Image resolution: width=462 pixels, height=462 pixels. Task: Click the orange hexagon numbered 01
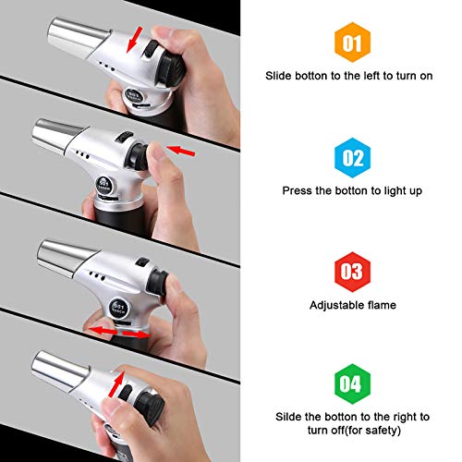coord(352,43)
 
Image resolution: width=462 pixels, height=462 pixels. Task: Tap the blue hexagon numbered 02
coord(352,158)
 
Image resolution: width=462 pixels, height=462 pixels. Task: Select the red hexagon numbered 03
coord(352,272)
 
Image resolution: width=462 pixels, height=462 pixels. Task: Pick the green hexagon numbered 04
coord(352,383)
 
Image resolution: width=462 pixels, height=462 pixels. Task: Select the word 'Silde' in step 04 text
coord(288,417)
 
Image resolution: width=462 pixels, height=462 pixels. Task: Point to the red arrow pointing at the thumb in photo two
coord(180,151)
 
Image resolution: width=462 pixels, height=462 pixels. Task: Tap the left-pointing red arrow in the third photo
coord(103,331)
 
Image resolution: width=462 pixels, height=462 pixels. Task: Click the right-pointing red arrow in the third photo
coord(136,334)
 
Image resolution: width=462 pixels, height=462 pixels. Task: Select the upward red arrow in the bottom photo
coord(116,384)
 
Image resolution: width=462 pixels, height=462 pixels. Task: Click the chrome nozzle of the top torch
coord(77,37)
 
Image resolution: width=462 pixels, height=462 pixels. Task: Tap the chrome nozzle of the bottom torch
coord(60,371)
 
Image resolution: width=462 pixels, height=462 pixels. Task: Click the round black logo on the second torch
coord(103,185)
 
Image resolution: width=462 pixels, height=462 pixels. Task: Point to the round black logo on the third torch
coord(118,308)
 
